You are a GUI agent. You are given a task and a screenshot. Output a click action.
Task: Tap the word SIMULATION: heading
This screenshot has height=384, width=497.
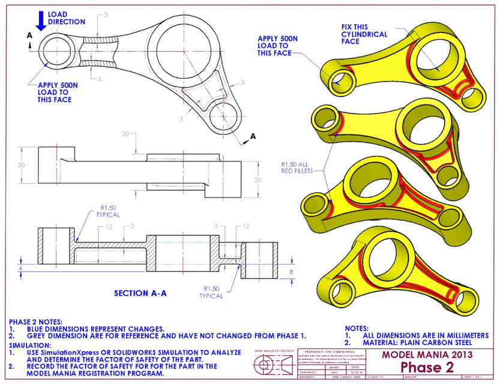click(x=29, y=346)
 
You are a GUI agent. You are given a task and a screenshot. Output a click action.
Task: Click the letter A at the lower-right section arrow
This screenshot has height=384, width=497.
click(x=253, y=137)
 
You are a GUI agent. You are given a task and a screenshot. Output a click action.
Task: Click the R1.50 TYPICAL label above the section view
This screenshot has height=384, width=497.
click(x=108, y=210)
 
